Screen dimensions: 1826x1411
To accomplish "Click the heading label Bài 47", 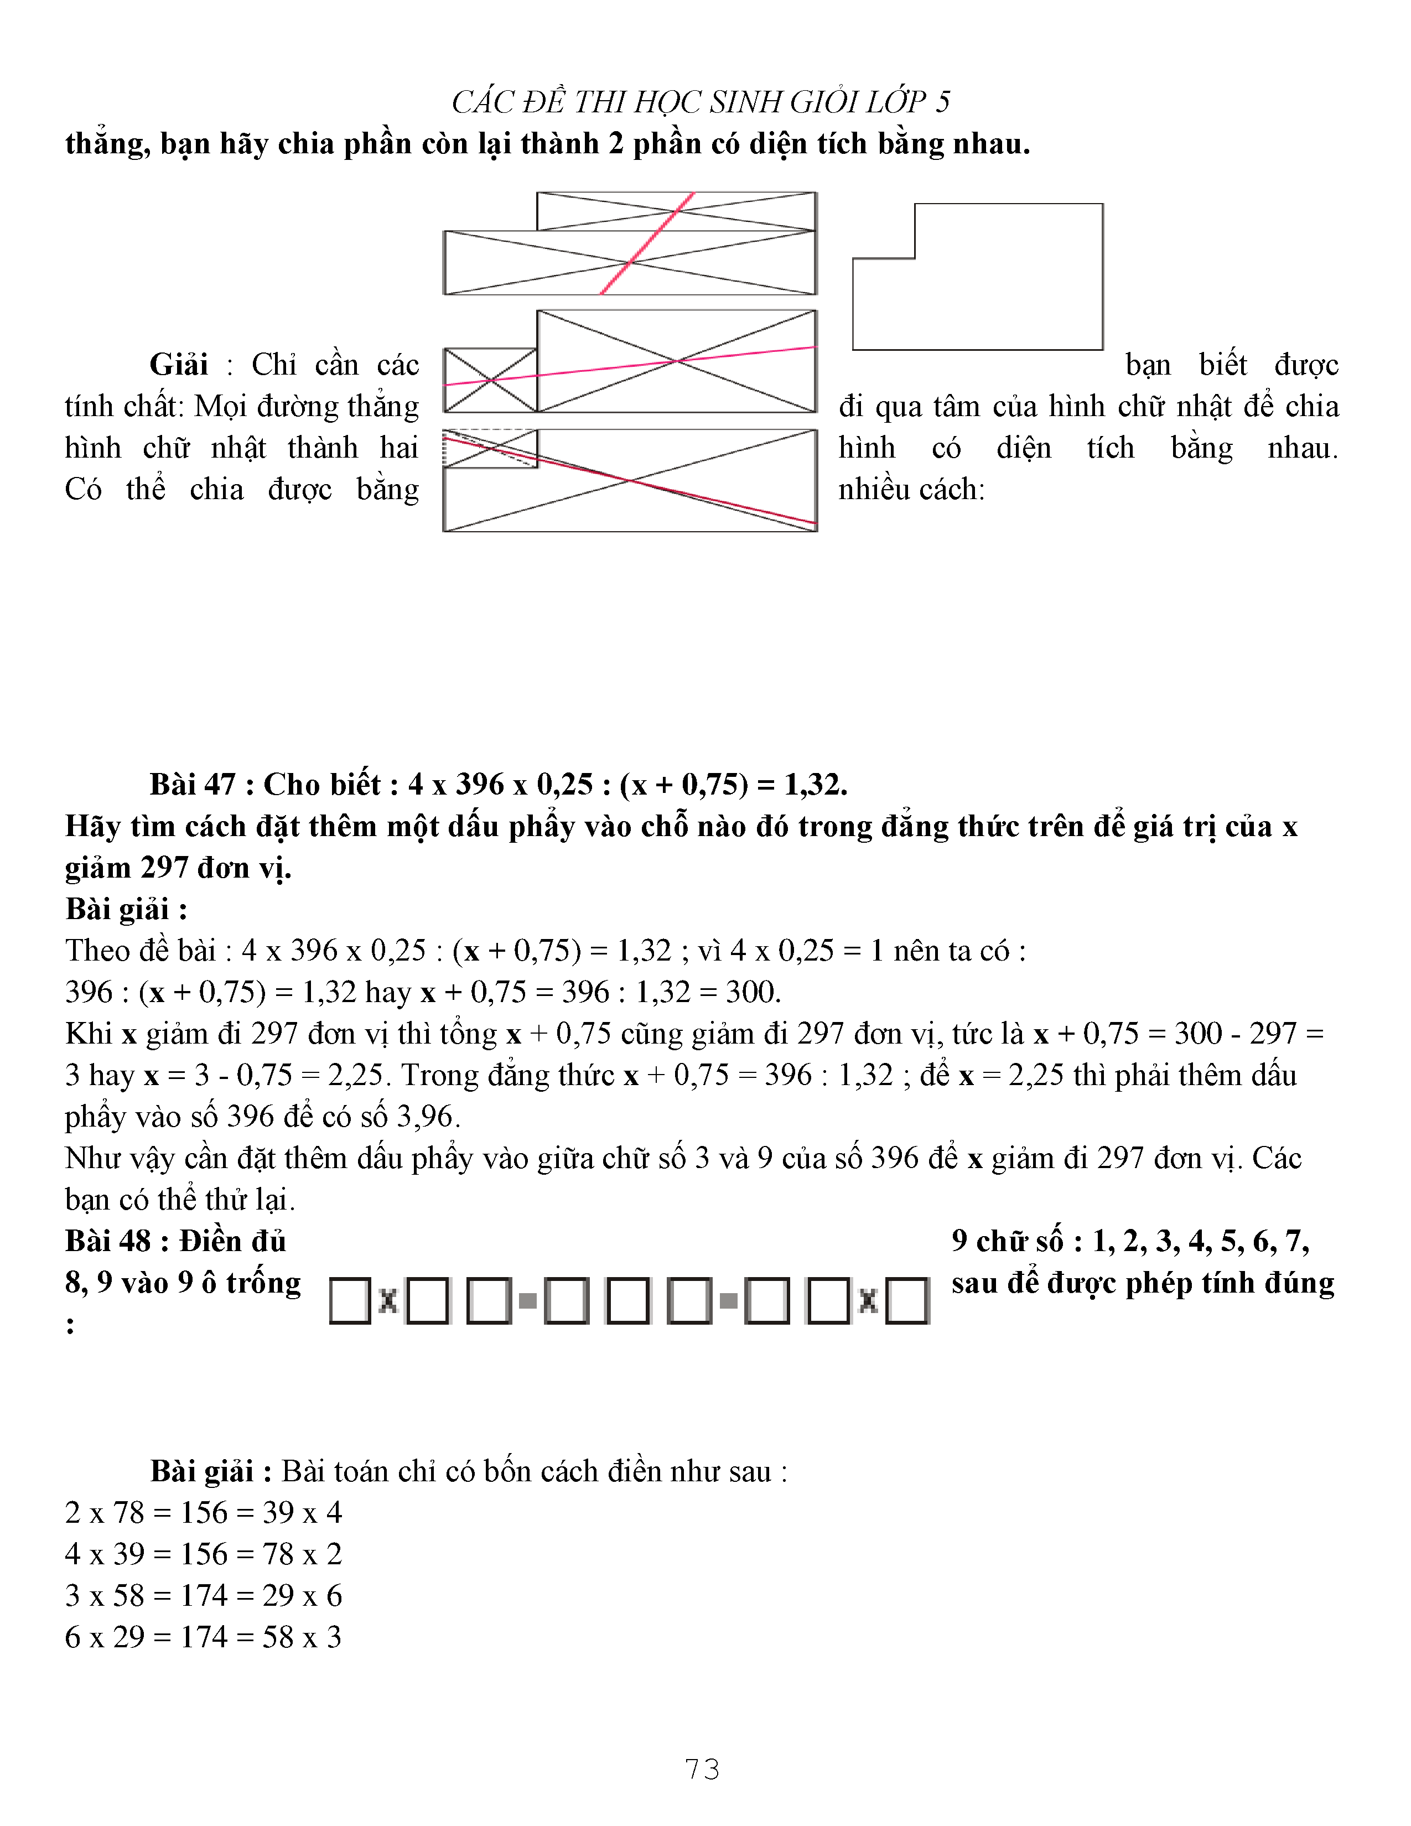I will tap(192, 784).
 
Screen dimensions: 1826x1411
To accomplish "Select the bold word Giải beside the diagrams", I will tap(179, 365).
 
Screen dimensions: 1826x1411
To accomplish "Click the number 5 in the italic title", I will tap(942, 102).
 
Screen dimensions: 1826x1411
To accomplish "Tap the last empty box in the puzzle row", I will tap(907, 1301).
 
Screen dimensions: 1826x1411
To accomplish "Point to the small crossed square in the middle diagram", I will tap(490, 381).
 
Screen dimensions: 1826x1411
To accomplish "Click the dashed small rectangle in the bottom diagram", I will tap(490, 448).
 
